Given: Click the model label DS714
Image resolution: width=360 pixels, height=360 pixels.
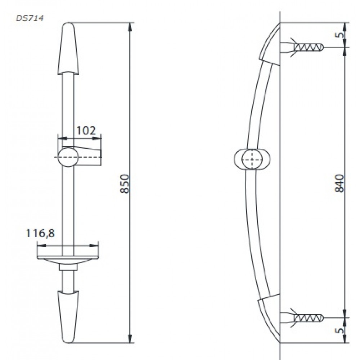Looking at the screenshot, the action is pos(30,18).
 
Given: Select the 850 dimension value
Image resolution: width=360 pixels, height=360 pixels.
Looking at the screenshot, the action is pos(125,184).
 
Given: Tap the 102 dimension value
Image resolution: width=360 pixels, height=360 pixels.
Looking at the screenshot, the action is pos(86,131).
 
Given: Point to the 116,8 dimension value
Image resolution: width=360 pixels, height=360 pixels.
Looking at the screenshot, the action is pos(40,233).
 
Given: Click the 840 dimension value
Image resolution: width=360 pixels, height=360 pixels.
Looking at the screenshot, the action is pos(339,184).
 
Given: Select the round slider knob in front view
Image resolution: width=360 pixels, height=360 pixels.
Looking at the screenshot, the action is pos(68,157).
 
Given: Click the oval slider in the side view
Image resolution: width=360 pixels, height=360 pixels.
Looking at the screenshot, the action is pos(252,159).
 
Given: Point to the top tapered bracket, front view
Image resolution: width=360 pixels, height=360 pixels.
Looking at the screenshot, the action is pos(68,49).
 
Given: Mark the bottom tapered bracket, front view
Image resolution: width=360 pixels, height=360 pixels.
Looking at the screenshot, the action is pos(68,317).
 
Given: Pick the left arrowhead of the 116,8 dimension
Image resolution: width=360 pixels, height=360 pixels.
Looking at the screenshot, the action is pos(42,246).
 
